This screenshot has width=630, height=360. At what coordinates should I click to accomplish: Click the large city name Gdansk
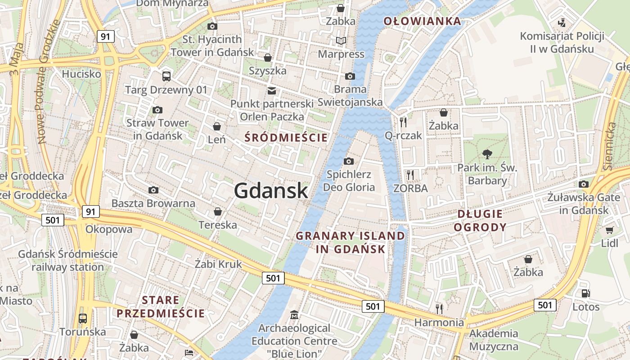[271, 191]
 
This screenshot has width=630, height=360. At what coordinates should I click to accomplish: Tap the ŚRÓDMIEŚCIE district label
[286, 138]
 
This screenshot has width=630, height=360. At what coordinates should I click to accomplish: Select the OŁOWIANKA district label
[422, 21]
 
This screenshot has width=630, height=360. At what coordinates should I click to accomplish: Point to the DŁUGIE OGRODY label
[480, 220]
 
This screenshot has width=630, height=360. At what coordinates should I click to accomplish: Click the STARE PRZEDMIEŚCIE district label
[161, 307]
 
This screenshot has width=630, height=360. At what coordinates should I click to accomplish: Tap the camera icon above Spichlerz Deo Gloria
[348, 161]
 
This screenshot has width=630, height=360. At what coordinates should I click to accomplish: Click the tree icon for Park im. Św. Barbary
[487, 154]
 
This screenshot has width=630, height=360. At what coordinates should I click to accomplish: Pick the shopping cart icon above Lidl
[609, 230]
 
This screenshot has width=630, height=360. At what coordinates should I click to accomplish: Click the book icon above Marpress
[341, 41]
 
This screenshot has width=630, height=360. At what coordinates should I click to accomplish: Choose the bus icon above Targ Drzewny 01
[166, 76]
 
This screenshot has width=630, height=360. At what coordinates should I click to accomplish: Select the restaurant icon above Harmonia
[439, 309]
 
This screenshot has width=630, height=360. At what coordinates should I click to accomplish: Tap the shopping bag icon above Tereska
[218, 211]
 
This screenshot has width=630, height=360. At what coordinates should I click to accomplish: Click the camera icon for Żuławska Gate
[584, 184]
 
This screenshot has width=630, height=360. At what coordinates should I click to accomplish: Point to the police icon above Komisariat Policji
[561, 22]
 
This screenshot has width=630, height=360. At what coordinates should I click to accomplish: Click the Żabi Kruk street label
[218, 264]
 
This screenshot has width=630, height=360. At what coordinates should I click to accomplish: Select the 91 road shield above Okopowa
[91, 211]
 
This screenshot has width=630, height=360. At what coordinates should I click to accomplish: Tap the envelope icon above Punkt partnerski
[271, 90]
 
